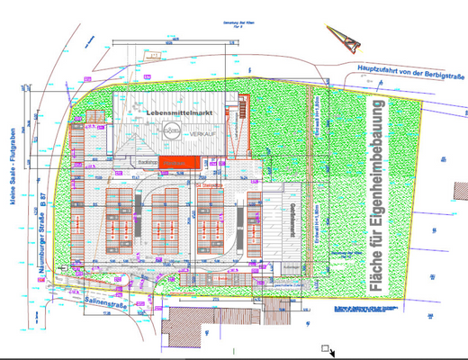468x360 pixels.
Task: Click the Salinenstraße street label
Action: tap(106, 302)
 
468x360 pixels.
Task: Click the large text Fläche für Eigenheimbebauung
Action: tap(377, 198)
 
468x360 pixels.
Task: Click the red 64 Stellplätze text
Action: tap(210, 184)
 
